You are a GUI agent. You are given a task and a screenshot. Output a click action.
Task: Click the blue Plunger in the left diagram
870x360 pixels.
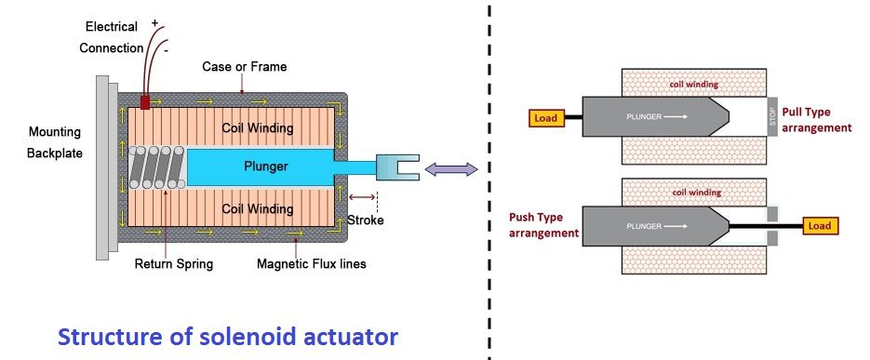pyautogui.click(x=261, y=167)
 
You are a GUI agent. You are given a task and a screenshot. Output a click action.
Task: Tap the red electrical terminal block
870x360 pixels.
pyautogui.click(x=145, y=102)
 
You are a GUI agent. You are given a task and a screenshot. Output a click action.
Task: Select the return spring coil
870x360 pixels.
pyautogui.click(x=156, y=167)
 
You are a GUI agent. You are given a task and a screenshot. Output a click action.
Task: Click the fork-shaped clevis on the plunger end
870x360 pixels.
pyautogui.click(x=397, y=167)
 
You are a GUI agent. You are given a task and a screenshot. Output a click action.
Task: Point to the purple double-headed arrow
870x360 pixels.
pyautogui.click(x=451, y=169)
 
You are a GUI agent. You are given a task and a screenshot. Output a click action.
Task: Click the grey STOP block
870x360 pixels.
pyautogui.click(x=773, y=116)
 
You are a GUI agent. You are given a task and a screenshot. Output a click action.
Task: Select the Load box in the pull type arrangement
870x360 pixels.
pyautogui.click(x=545, y=118)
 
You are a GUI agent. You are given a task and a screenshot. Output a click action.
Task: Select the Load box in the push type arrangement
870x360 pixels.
pyautogui.click(x=820, y=226)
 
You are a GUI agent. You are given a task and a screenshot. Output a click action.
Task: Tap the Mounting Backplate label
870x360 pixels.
pyautogui.click(x=54, y=142)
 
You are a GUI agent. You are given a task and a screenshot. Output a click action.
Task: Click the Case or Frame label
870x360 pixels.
pyautogui.click(x=244, y=67)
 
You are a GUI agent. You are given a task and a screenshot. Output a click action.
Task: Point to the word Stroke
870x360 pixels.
pyautogui.click(x=365, y=220)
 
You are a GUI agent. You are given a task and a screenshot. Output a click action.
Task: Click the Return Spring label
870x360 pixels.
pyautogui.click(x=174, y=263)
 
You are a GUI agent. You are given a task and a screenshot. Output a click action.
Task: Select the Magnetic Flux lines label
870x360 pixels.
pyautogui.click(x=312, y=264)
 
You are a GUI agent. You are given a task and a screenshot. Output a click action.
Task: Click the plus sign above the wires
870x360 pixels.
pyautogui.click(x=154, y=23)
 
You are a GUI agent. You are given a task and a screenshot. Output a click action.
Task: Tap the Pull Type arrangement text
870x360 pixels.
pyautogui.click(x=816, y=120)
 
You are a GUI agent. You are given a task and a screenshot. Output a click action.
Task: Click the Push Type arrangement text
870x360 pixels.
pyautogui.click(x=543, y=225)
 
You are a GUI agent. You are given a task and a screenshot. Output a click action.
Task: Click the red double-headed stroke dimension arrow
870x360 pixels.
pyautogui.click(x=362, y=196)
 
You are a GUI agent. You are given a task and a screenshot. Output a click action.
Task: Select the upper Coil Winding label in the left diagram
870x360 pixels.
pyautogui.click(x=258, y=128)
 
